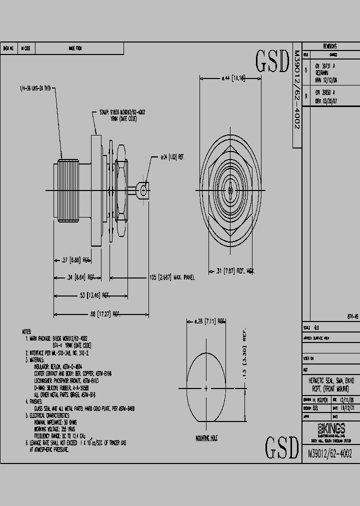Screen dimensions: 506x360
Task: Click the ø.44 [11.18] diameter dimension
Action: point(233,78)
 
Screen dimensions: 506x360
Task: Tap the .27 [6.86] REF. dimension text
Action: point(75,260)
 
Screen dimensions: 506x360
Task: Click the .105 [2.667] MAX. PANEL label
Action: point(172,276)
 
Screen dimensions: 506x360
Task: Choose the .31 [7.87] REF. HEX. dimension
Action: point(235,271)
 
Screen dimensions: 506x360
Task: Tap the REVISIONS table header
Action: point(330,45)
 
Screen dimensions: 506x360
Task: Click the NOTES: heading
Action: point(26,331)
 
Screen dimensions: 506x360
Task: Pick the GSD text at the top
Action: point(272,61)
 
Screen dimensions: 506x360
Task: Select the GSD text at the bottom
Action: point(281,448)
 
